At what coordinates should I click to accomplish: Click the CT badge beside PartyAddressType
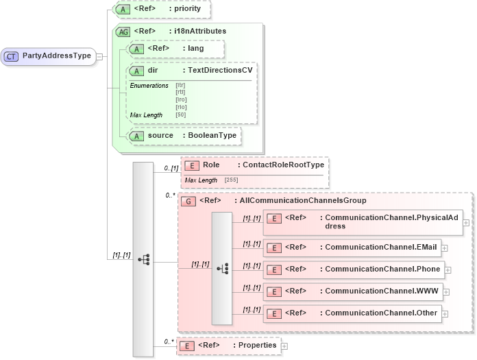coord(12,56)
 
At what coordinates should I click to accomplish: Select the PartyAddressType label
coord(56,56)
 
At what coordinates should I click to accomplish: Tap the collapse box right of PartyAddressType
coord(99,56)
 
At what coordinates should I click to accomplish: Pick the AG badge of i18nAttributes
coord(123,32)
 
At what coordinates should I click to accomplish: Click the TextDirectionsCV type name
coord(221,71)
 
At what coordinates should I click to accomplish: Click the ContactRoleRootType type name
coord(280,165)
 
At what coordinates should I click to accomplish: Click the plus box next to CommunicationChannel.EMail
coord(445,248)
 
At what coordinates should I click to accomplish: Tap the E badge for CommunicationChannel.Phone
coord(273,269)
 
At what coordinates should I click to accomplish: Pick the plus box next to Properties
coord(284,346)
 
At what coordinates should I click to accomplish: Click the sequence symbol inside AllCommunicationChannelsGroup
coord(222,269)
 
